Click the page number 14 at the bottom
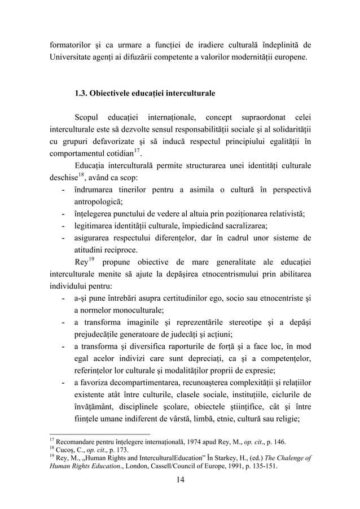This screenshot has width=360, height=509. point(179,481)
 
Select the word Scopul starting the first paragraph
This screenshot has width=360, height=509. point(87,117)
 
